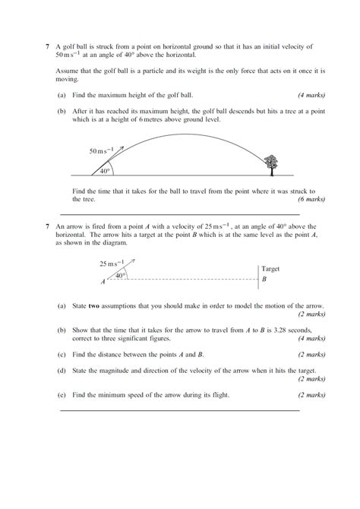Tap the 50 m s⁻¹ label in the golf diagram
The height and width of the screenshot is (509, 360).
101,151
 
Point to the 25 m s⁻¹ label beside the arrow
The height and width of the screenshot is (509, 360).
109,264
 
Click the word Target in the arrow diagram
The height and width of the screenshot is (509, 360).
270,269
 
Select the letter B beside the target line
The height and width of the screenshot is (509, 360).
264,280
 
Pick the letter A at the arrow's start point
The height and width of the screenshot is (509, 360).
103,282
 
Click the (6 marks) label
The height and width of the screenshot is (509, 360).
311,199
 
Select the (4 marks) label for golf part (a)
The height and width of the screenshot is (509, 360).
311,95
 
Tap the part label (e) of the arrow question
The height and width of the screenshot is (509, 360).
61,395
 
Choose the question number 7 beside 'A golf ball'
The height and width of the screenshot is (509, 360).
47,46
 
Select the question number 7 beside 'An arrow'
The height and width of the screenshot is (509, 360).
47,226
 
